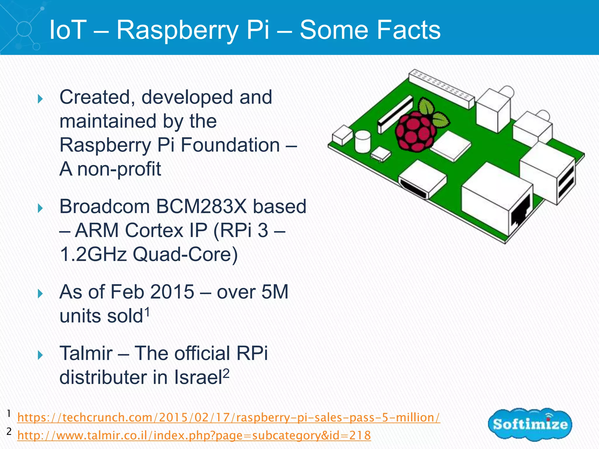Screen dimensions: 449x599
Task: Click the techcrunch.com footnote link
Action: pyautogui.click(x=228, y=417)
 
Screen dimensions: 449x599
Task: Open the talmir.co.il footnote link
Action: pyautogui.click(x=194, y=435)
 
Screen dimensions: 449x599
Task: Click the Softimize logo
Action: pyautogui.click(x=530, y=424)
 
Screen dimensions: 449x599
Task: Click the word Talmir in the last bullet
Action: pyautogui.click(x=86, y=353)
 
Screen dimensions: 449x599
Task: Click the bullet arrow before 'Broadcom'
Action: pyautogui.click(x=40, y=208)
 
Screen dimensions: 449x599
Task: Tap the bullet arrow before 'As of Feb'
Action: pyautogui.click(x=40, y=294)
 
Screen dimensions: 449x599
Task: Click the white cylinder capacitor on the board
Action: pyautogui.click(x=362, y=141)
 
